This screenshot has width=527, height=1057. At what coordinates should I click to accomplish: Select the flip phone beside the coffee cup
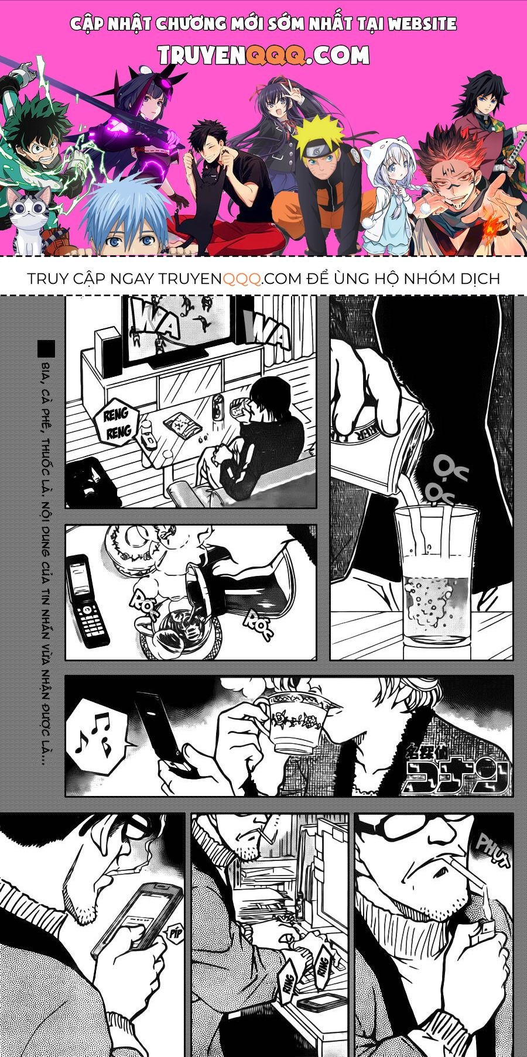(x=87, y=600)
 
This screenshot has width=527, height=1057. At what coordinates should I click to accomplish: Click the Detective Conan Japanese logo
(x=454, y=770)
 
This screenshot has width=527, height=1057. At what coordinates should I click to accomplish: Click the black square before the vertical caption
(x=46, y=349)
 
